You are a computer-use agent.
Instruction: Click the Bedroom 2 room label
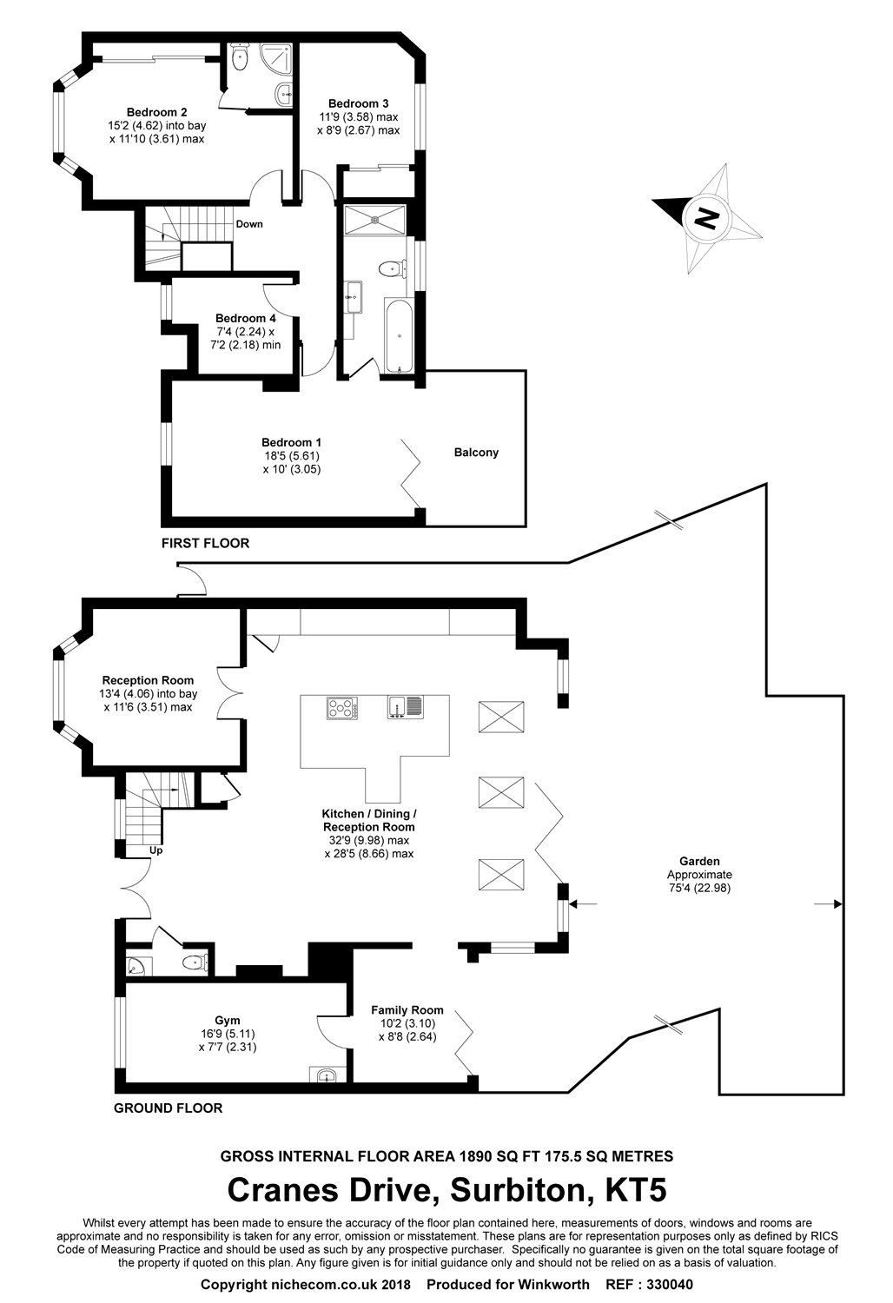(156, 112)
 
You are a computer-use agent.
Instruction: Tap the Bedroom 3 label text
(358, 104)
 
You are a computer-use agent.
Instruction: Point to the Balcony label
(476, 453)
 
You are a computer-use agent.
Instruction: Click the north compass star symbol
(708, 216)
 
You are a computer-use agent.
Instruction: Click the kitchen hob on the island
(342, 709)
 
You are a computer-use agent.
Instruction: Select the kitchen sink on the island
(405, 707)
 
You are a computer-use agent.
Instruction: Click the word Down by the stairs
(249, 224)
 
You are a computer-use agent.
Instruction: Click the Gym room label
(228, 1020)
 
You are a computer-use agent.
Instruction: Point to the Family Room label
(407, 1010)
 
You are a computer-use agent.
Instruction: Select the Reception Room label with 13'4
(148, 680)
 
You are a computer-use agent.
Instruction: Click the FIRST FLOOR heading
(205, 544)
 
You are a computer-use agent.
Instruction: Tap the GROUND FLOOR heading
(169, 1108)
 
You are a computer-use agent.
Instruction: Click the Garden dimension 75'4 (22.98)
(699, 888)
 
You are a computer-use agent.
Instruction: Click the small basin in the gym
(327, 1075)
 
